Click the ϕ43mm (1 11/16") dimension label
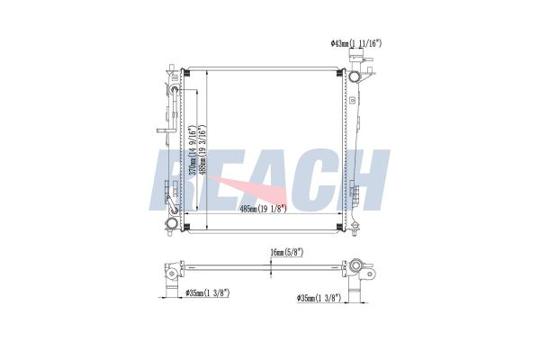point(356,43)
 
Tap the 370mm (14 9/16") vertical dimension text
point(193,150)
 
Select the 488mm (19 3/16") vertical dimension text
point(202,149)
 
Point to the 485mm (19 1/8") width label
point(263,209)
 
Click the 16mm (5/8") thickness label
point(286,253)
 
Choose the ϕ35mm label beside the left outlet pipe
point(207,293)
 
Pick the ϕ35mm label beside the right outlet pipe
point(319,298)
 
